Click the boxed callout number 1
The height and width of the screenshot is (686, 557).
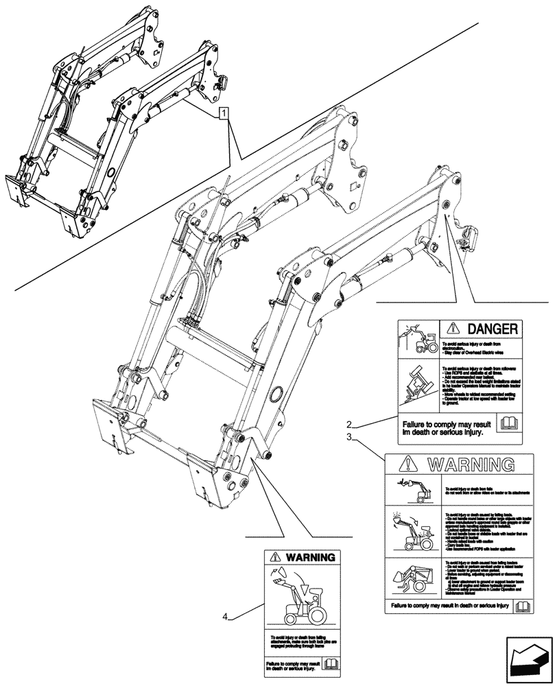[x=224, y=113]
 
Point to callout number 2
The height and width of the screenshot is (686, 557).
[x=350, y=423]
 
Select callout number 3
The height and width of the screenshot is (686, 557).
[x=350, y=436]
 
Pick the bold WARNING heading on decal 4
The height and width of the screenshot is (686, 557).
[x=308, y=557]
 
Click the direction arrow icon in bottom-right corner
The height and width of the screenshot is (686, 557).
[x=529, y=660]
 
